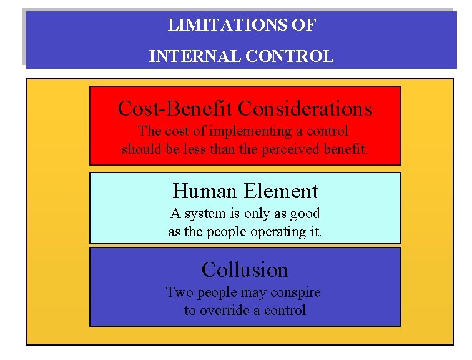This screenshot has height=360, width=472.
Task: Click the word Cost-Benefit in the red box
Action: tap(175, 109)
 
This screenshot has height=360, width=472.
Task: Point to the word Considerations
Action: tap(305, 109)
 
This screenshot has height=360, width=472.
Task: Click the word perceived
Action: tap(297, 149)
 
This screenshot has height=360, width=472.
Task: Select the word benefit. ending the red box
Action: tap(346, 149)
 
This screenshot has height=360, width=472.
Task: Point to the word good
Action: tap(305, 214)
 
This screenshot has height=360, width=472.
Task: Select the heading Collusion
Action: tap(245, 270)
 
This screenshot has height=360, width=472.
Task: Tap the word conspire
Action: tap(295, 292)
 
